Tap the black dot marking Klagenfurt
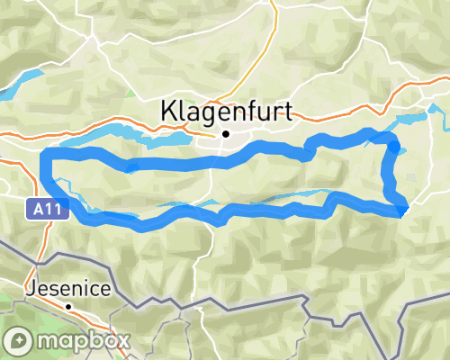point(226,135)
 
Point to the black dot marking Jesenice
point(68,306)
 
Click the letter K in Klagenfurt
point(168,111)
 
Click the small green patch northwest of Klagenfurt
point(131,93)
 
